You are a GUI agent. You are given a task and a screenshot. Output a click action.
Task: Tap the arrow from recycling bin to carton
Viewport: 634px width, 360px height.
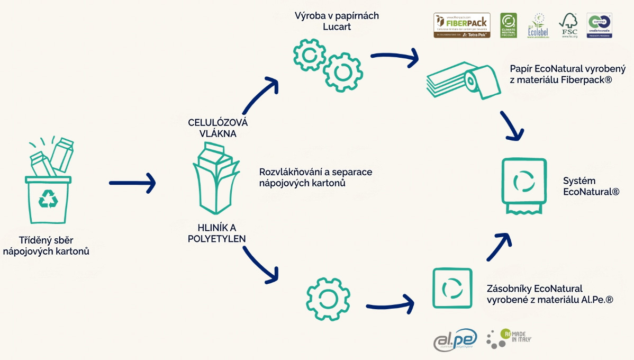(x=132, y=183)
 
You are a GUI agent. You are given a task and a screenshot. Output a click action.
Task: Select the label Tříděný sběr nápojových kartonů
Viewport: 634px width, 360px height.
(x=46, y=246)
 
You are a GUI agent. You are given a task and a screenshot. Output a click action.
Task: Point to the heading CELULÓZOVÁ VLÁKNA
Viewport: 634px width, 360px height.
(x=218, y=128)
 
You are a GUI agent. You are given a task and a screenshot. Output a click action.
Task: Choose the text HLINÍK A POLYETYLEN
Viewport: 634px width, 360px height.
(x=216, y=233)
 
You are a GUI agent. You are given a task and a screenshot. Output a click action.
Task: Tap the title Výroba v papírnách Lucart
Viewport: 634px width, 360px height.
(x=337, y=22)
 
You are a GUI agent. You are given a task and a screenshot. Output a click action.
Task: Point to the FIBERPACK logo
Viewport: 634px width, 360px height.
(x=461, y=25)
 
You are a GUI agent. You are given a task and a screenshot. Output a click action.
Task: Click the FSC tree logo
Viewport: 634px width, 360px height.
(x=569, y=25)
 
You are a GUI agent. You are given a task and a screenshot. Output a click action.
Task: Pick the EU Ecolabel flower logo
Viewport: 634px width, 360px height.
(x=538, y=25)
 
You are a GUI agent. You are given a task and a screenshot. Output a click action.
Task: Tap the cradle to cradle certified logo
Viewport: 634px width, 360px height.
(x=600, y=25)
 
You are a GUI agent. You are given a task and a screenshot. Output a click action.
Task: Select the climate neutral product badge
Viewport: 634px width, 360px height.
(x=509, y=25)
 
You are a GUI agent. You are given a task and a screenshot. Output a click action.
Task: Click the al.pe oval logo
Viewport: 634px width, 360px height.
(x=455, y=339)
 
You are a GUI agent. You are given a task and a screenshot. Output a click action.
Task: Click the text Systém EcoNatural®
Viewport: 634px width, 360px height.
(x=591, y=186)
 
